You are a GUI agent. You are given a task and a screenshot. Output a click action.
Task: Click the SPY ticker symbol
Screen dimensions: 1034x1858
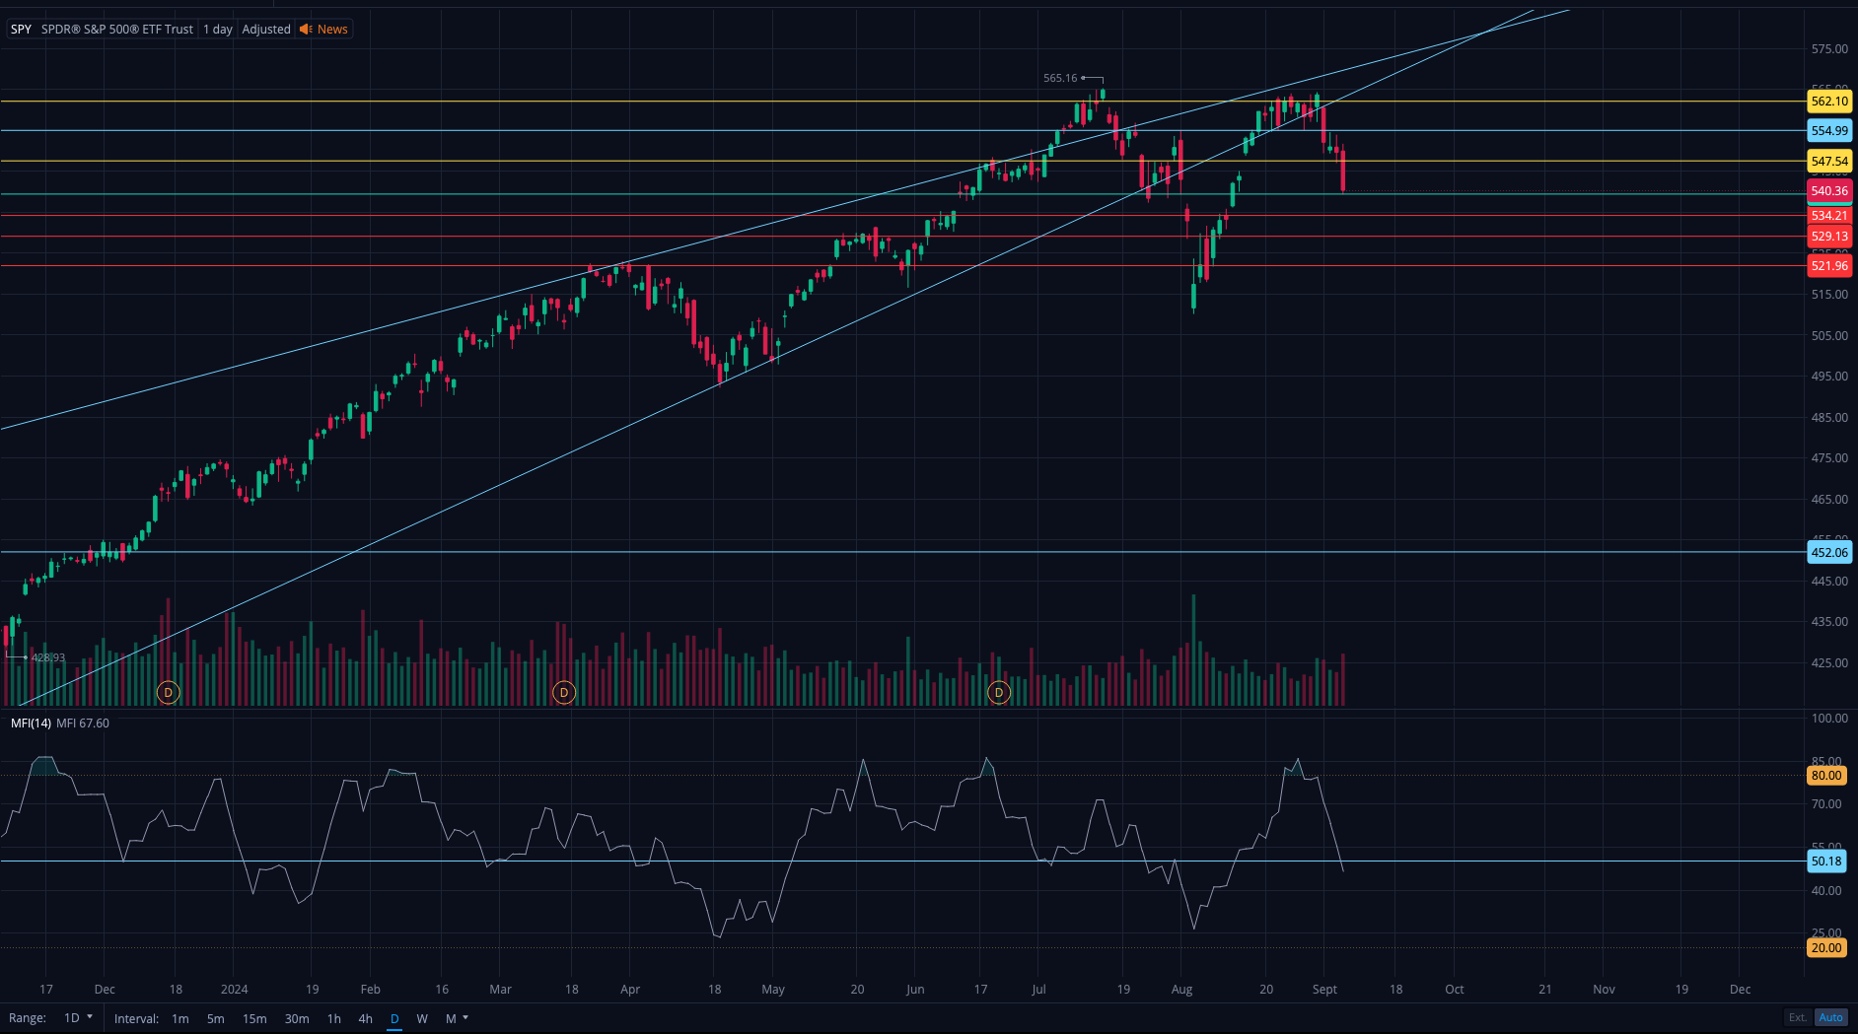coord(21,30)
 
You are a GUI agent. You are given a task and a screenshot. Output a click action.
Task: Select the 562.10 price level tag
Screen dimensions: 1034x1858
coord(1829,102)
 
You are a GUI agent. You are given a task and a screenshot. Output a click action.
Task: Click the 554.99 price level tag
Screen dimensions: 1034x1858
coord(1829,131)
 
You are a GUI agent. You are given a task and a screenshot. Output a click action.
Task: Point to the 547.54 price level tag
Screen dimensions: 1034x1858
coord(1829,162)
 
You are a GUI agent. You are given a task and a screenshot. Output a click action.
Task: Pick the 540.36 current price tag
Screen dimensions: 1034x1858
coord(1829,191)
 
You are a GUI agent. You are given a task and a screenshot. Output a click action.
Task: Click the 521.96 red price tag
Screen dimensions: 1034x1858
coord(1829,266)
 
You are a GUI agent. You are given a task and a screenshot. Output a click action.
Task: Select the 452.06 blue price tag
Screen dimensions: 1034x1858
coord(1829,553)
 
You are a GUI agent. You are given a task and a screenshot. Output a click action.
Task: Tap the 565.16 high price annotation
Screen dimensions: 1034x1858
coord(1060,79)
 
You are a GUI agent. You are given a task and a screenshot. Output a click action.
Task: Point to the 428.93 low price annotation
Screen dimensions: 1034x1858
coord(47,657)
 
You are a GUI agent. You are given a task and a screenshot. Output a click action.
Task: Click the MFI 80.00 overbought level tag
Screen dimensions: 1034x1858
coord(1825,776)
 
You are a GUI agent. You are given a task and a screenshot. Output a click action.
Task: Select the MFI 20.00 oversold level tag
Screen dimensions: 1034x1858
coord(1825,948)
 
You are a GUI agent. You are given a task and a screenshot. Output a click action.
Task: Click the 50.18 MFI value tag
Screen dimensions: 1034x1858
coord(1825,862)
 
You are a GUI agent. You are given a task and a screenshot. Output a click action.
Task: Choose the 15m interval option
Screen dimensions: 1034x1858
coord(254,1019)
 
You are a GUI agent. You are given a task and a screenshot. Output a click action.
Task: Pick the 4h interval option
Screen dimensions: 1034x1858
coord(365,1019)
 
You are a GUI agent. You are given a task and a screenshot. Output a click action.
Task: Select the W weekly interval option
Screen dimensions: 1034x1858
coord(422,1019)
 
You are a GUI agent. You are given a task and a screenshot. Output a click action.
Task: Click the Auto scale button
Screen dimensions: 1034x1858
coord(1830,1018)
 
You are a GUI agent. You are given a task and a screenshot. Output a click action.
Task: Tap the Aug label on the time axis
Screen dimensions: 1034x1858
coord(1181,990)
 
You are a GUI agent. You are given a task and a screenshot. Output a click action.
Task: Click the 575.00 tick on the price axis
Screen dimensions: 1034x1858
coord(1829,49)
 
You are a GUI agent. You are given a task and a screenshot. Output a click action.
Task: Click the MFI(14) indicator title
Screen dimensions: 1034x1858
coord(31,724)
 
